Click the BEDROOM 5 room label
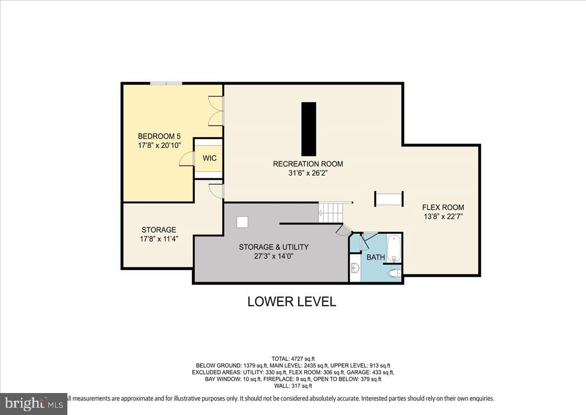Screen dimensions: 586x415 tap(159, 136)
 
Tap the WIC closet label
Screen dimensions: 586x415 tap(209, 158)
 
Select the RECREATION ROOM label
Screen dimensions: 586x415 tap(308, 164)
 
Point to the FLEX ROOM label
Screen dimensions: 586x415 tap(443, 207)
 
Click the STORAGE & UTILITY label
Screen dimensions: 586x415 tap(273, 247)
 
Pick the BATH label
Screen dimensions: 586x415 tap(376, 257)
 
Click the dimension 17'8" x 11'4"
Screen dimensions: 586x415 tap(159, 239)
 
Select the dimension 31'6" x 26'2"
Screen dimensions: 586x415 tap(308, 173)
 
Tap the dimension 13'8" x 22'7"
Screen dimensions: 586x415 tap(443, 216)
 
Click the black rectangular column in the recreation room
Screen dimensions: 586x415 tap(309, 129)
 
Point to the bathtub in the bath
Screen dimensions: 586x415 tap(394, 248)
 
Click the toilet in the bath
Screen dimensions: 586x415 tap(395, 273)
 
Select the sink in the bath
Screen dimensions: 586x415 tap(356, 268)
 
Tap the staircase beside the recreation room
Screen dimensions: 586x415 tap(331, 213)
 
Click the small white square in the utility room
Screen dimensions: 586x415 tap(242, 222)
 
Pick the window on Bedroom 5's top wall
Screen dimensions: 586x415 tap(166, 83)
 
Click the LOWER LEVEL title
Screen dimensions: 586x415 tap(292, 302)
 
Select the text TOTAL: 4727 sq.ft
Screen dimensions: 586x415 tap(293, 359)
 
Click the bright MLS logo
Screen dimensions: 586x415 tap(34, 404)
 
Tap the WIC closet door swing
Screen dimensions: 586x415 tap(186, 159)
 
